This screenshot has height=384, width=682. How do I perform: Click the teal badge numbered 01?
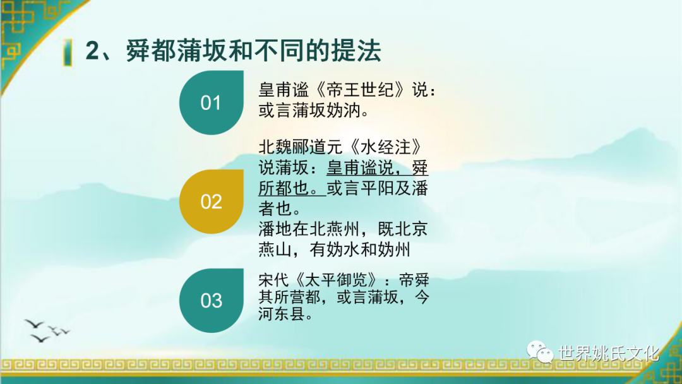click(x=212, y=103)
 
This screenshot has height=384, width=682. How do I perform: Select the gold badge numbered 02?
click(x=212, y=201)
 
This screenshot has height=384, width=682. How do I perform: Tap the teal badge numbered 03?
click(x=212, y=301)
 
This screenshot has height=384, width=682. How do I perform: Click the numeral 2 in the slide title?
click(x=92, y=51)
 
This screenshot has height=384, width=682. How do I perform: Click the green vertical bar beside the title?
click(x=68, y=52)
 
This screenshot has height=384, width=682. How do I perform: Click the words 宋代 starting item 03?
click(x=274, y=279)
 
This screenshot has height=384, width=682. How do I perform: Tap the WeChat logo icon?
click(x=540, y=351)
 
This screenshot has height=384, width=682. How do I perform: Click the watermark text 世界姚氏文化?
click(x=609, y=353)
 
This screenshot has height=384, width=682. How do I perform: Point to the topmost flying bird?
click(x=34, y=323)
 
